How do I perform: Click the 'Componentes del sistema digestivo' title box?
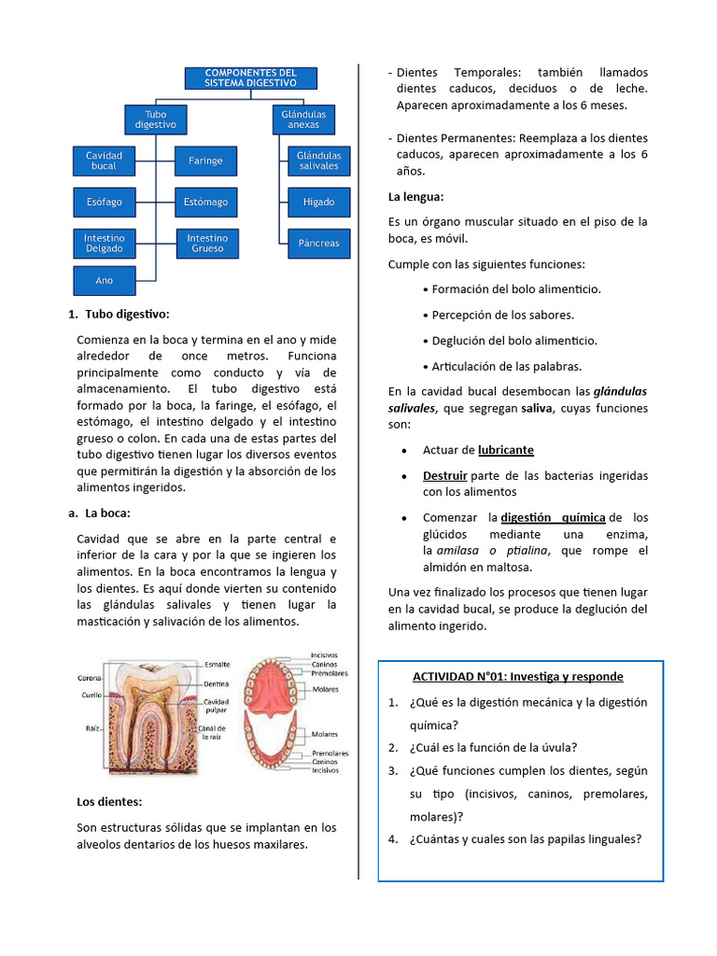point(250,77)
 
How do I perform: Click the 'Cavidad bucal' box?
point(104,161)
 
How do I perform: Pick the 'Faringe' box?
point(205,161)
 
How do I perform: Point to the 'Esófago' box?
point(104,202)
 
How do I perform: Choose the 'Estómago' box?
point(205,202)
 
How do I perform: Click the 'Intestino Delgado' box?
point(104,244)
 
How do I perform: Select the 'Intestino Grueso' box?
point(205,244)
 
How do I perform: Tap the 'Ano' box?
point(104,280)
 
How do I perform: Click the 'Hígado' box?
point(318,202)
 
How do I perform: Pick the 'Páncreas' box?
point(318,244)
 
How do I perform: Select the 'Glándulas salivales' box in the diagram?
point(318,161)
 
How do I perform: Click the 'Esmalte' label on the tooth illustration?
point(218,665)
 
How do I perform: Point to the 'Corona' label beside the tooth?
point(90,679)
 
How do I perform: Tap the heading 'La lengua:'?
point(415,197)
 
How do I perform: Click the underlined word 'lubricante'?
point(505,450)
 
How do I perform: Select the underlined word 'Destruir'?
point(444,475)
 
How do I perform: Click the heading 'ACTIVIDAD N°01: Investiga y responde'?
point(518,676)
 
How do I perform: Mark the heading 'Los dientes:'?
point(109,801)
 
